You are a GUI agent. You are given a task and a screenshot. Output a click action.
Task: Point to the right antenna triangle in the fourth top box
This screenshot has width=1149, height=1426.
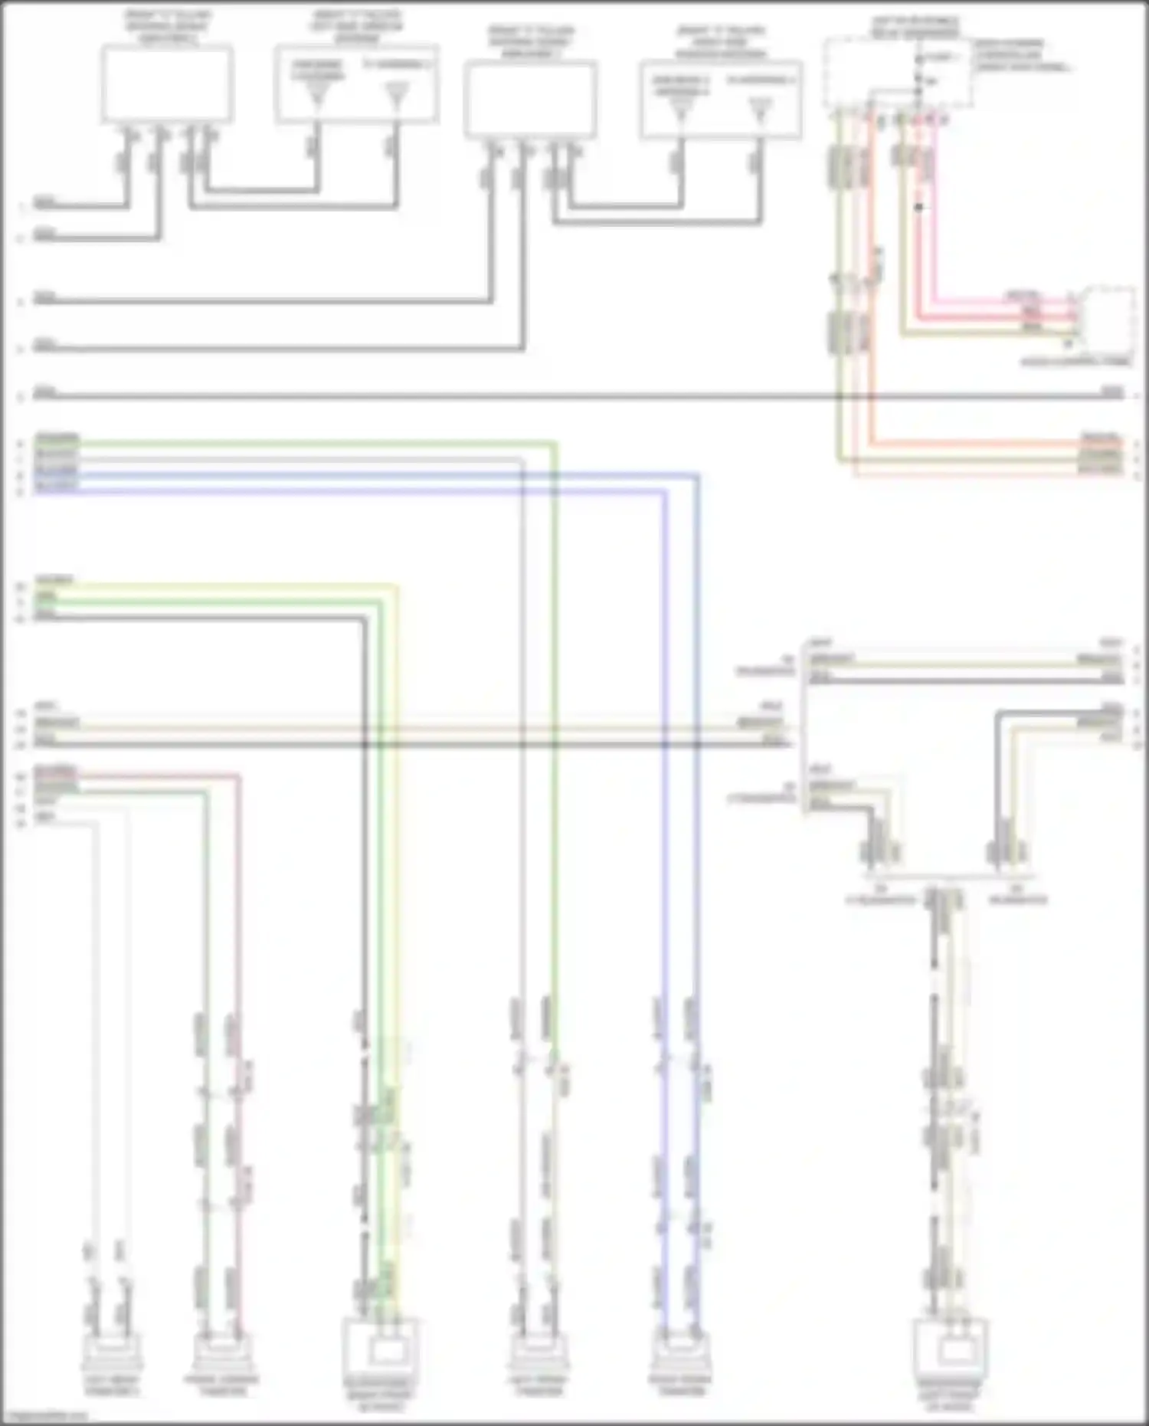click(759, 112)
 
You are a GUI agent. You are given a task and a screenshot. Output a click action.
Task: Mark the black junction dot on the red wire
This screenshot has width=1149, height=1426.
click(918, 207)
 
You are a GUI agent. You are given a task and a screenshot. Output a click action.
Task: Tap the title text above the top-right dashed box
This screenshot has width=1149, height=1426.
click(915, 26)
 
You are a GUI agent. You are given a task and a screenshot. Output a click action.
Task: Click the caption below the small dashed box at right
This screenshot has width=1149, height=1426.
click(1075, 361)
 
